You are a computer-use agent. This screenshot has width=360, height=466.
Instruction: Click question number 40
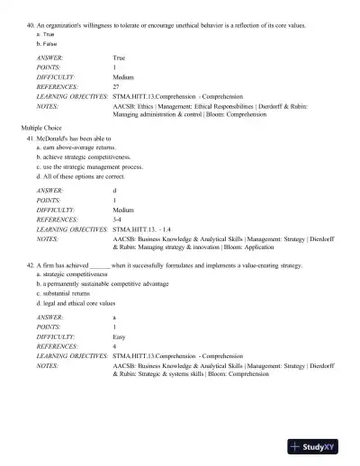click(31, 26)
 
